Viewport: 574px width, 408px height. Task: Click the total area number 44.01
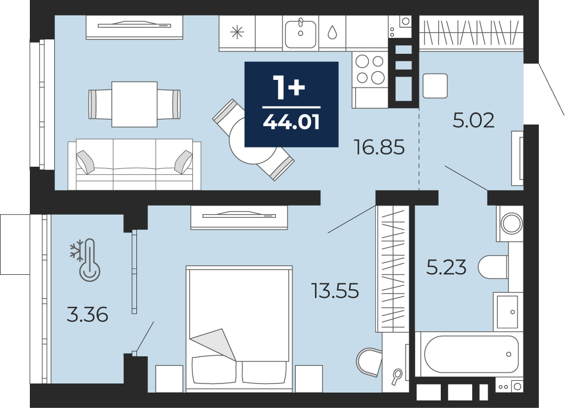coord(292,122)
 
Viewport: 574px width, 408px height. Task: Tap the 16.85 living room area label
coord(379,147)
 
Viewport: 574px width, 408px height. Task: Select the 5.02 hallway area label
coord(473,120)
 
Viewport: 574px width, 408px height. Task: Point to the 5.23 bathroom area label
coord(446,267)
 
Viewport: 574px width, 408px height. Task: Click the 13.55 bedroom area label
coord(335,291)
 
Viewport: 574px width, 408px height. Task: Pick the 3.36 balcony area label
coord(87,315)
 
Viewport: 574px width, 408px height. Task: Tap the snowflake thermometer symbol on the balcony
coord(86,260)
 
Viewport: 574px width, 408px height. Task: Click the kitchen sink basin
coord(301,34)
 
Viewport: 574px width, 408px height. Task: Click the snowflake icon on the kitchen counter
coord(237,32)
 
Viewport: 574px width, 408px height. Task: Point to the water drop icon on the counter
coord(332,32)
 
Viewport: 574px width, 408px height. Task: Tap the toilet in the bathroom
coord(493,267)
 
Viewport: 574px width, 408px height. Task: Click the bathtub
coord(471,354)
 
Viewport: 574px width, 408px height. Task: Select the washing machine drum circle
coord(512,223)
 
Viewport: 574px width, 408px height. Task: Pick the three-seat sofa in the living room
coord(134,164)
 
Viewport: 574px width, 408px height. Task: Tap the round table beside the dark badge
coord(253,141)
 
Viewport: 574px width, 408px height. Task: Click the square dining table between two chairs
coord(134,104)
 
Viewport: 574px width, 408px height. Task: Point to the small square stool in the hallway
coord(435,86)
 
